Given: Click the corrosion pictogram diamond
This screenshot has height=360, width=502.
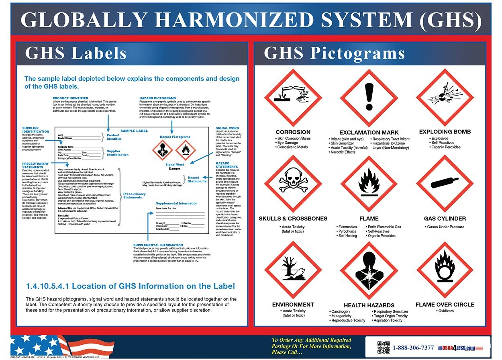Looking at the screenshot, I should click(x=293, y=98).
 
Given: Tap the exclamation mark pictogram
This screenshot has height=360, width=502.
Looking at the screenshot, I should click(x=369, y=98).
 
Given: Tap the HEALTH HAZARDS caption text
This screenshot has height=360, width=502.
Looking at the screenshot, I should click(x=369, y=305).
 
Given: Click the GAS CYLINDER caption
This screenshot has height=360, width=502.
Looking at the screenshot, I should click(x=445, y=219).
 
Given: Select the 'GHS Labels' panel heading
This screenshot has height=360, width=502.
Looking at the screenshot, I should click(x=76, y=53).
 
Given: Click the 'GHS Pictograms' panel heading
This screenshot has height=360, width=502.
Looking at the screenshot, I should click(x=334, y=53).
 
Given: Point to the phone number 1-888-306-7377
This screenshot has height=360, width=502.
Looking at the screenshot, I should click(x=413, y=348).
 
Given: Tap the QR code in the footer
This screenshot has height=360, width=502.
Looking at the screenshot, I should click(x=384, y=348).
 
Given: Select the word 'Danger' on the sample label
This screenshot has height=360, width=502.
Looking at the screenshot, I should click(x=174, y=169).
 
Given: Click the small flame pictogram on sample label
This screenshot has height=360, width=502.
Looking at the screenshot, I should click(x=186, y=150).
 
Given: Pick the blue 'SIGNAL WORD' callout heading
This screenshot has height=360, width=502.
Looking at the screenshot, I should click(x=227, y=128).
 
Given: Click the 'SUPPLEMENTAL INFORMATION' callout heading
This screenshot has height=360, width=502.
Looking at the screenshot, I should click(x=158, y=245).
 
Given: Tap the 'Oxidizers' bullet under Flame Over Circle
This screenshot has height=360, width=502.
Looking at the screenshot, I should click(x=445, y=311).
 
